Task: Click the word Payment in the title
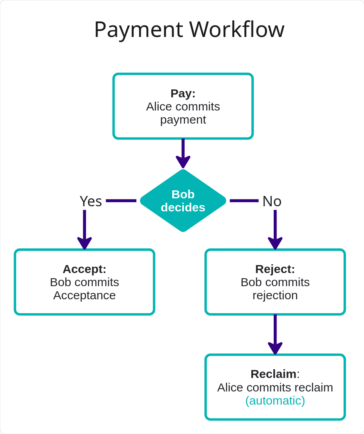click(138, 30)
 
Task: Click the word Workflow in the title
click(237, 30)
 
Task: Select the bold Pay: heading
click(183, 93)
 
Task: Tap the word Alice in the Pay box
click(158, 107)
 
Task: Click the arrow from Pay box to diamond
click(183, 153)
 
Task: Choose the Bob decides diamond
click(183, 201)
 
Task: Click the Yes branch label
click(91, 201)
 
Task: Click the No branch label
click(272, 201)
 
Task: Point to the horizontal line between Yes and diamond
click(121, 201)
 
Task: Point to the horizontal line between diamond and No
click(244, 201)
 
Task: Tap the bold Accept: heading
click(84, 269)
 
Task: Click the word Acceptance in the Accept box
click(84, 295)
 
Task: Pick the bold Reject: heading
click(275, 269)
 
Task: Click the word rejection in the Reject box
click(275, 295)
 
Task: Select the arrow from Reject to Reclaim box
click(275, 334)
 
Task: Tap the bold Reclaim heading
click(273, 374)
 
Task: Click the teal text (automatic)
click(275, 400)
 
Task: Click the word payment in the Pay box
click(183, 120)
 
